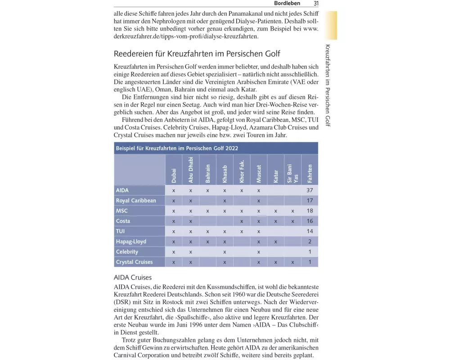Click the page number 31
click(316, 4)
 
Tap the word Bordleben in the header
click(287, 4)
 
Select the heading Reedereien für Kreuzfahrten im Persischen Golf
click(197, 54)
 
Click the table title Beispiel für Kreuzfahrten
click(177, 148)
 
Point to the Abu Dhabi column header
click(191, 170)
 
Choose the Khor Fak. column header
click(242, 171)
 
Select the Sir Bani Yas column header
click(292, 173)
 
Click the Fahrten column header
click(310, 173)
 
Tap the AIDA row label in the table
click(122, 190)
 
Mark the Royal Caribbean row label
click(136, 201)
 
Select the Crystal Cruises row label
click(134, 262)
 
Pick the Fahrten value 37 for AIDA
click(310, 190)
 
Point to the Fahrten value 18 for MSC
click(310, 211)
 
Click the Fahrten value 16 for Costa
click(310, 221)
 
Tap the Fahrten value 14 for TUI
click(310, 231)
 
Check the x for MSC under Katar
click(275, 211)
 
